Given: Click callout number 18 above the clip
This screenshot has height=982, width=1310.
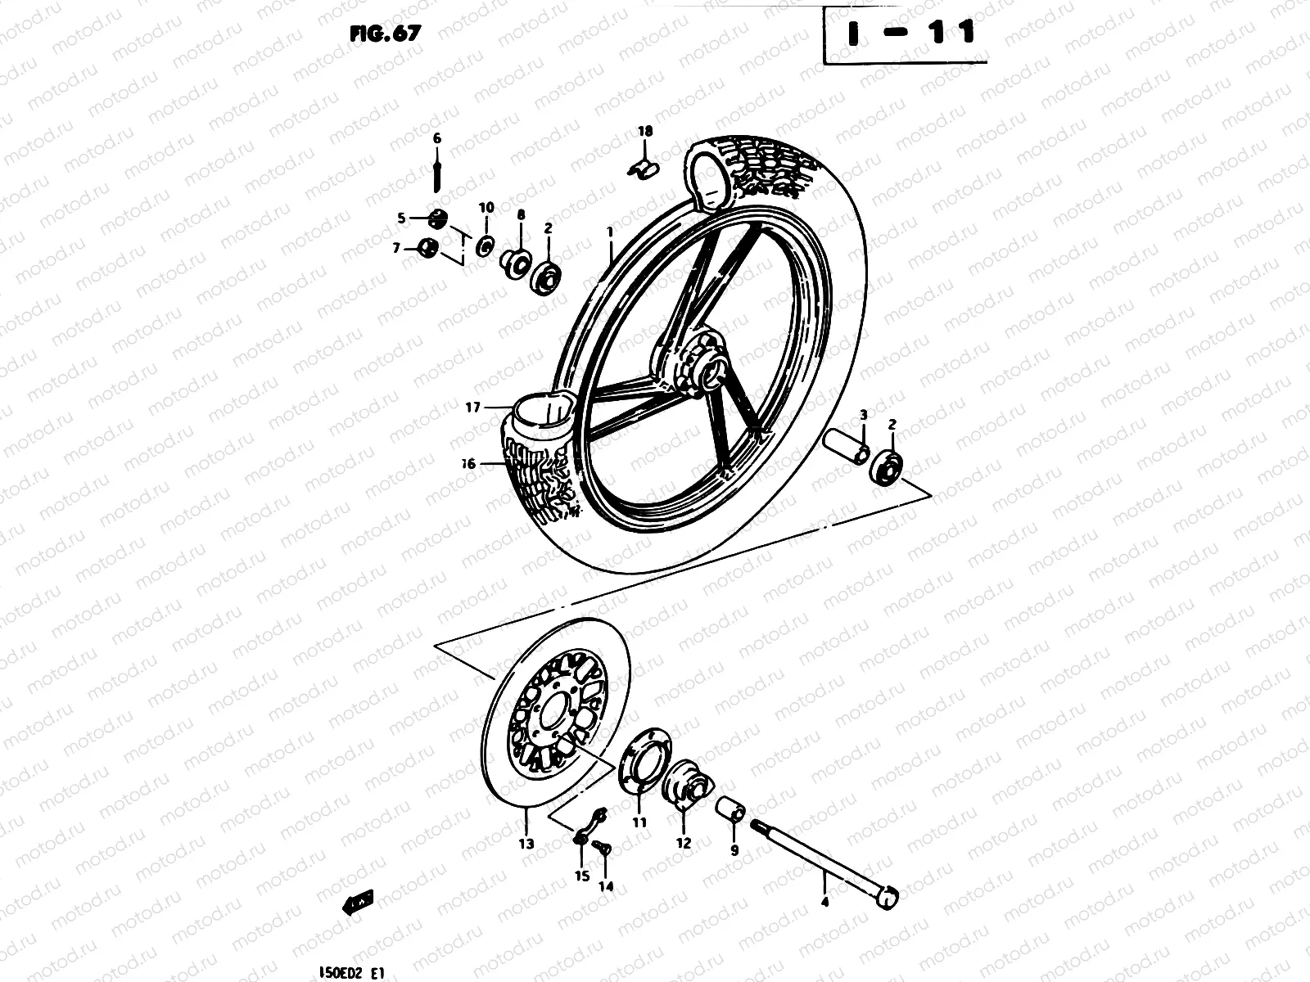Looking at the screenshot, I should [645, 131].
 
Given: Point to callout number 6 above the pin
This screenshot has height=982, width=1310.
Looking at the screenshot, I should [436, 138].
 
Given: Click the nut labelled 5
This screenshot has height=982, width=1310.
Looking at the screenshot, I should [437, 218].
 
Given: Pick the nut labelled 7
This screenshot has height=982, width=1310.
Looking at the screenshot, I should [427, 247].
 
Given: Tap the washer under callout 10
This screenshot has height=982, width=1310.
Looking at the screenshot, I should [485, 245].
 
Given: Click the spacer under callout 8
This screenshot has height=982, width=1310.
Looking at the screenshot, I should [517, 264].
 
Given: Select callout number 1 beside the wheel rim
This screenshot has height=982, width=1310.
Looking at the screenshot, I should [610, 232].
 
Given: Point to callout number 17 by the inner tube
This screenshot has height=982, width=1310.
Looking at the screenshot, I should [473, 407].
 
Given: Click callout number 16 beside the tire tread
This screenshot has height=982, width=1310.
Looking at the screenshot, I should [468, 463].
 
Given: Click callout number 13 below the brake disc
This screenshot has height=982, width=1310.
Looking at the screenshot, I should [526, 844].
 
